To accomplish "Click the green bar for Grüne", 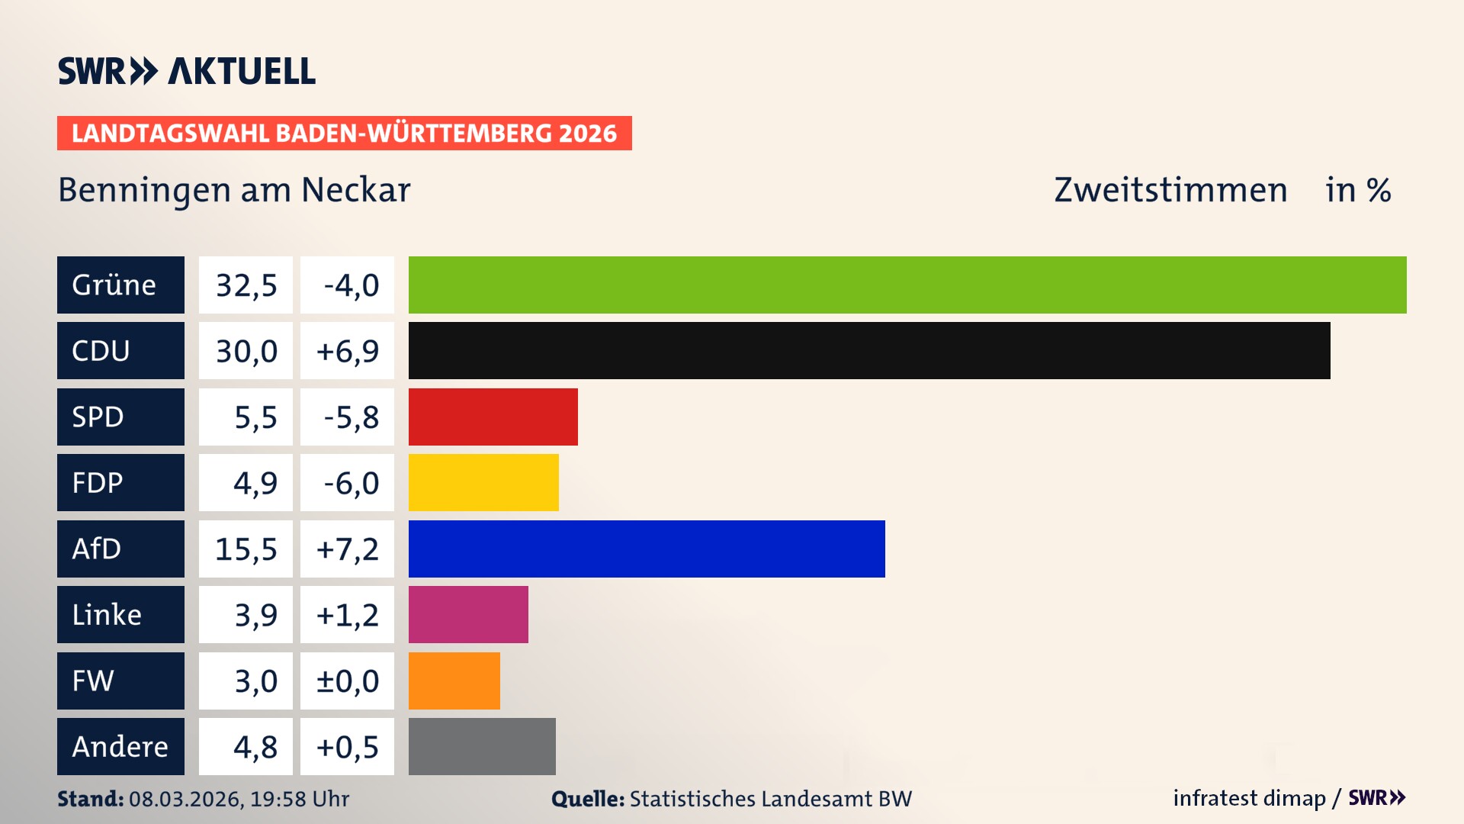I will click(907, 285).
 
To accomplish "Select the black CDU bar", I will click(869, 350).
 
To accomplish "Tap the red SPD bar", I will click(493, 417).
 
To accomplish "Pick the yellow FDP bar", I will click(483, 482).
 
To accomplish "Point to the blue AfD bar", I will click(647, 549).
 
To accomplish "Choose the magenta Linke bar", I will click(468, 614).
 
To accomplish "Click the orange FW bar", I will click(454, 681).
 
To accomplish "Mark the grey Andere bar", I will click(482, 746).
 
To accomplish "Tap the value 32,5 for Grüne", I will click(246, 285).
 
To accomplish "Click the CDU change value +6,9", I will click(347, 350).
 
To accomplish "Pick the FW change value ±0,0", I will click(347, 681).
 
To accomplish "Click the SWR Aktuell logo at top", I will click(186, 71).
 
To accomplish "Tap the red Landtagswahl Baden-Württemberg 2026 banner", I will click(344, 133).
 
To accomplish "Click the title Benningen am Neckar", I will click(234, 190).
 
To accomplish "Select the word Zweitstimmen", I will click(1170, 190).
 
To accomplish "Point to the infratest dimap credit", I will click(1249, 798).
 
